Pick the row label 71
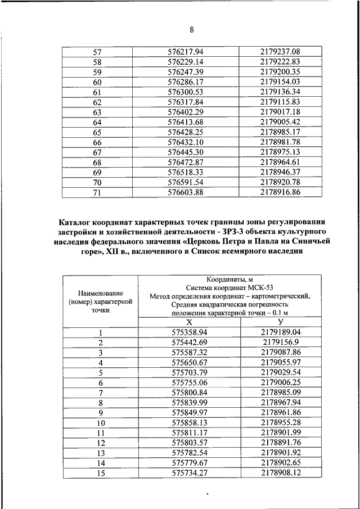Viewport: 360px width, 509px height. (97, 192)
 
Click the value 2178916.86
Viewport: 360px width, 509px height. (281, 192)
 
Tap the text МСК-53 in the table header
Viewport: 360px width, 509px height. (251, 285)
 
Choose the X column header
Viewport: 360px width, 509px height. (189, 322)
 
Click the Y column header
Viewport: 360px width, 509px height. (281, 322)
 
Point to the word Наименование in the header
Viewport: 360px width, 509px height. (101, 292)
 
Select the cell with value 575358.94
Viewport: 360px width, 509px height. (189, 332)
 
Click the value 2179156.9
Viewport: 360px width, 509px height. (281, 343)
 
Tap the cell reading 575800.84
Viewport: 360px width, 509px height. (189, 393)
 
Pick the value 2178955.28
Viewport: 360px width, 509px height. (281, 422)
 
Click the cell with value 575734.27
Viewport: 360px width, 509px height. (189, 473)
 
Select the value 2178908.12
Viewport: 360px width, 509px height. (281, 473)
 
